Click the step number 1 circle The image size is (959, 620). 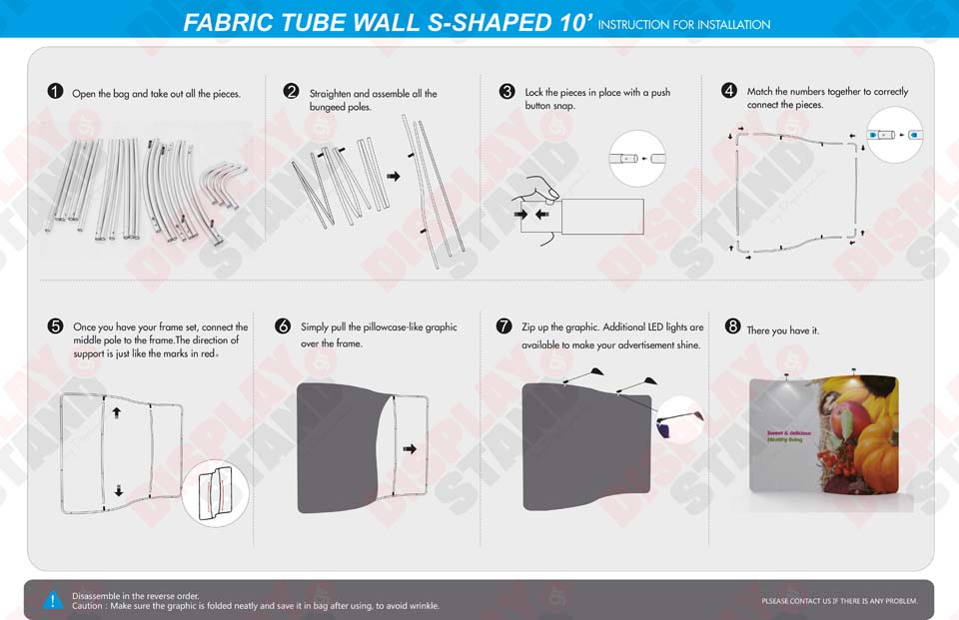56,92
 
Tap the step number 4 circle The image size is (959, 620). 729,91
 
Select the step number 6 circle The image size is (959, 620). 283,326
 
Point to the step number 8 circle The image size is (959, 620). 732,326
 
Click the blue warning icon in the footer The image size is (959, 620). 52,600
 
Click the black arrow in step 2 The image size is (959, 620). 393,176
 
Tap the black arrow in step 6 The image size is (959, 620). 410,449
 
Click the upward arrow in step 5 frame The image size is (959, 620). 117,411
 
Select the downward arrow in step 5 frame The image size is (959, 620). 118,489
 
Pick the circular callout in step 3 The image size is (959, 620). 637,158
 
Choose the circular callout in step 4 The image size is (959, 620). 894,135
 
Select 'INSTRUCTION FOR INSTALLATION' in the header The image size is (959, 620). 684,25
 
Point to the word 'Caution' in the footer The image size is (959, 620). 87,606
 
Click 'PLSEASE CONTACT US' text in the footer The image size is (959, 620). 804,601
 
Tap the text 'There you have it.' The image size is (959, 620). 782,330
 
